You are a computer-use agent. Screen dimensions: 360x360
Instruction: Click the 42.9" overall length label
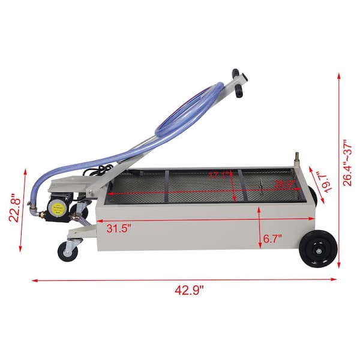190,290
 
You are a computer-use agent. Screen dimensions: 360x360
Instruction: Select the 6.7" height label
272,239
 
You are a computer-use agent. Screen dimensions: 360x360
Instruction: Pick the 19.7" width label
325,179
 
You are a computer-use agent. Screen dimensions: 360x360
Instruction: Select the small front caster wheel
67,251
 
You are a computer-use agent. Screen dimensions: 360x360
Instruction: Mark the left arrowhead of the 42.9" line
34,280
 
